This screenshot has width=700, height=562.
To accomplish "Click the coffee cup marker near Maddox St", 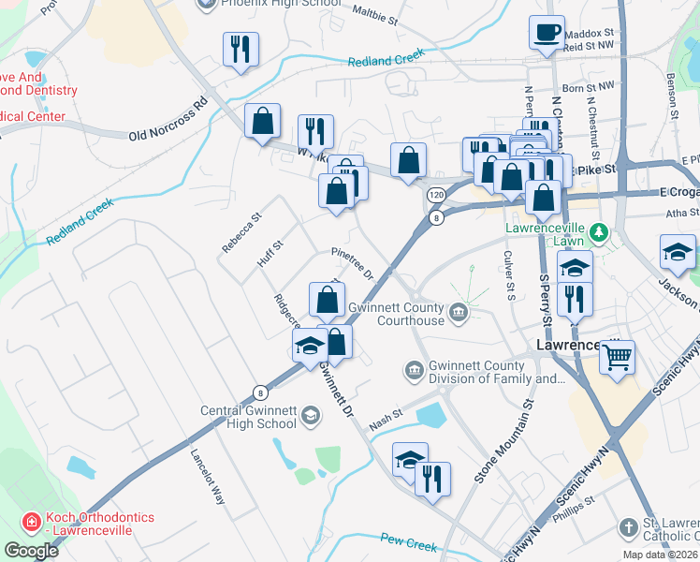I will point(547,33).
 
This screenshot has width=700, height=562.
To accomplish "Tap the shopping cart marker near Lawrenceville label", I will point(618,357).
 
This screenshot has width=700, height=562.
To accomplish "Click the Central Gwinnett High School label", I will point(249,417).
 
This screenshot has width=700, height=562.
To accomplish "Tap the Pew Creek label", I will point(409,542).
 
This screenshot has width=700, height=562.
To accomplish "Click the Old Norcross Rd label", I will point(167,121).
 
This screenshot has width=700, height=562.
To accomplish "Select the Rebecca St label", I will point(241,232).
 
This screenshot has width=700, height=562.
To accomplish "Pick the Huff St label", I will point(270,255).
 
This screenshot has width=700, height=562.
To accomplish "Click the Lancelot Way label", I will point(208,476).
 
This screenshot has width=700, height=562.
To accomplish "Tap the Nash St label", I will point(385,413).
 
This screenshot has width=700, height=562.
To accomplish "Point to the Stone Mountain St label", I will point(503,440).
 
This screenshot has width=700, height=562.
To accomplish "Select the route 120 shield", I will point(436,195).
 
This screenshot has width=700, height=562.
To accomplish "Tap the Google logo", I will point(31,550).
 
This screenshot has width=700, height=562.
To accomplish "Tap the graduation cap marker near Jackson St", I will point(678,252).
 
